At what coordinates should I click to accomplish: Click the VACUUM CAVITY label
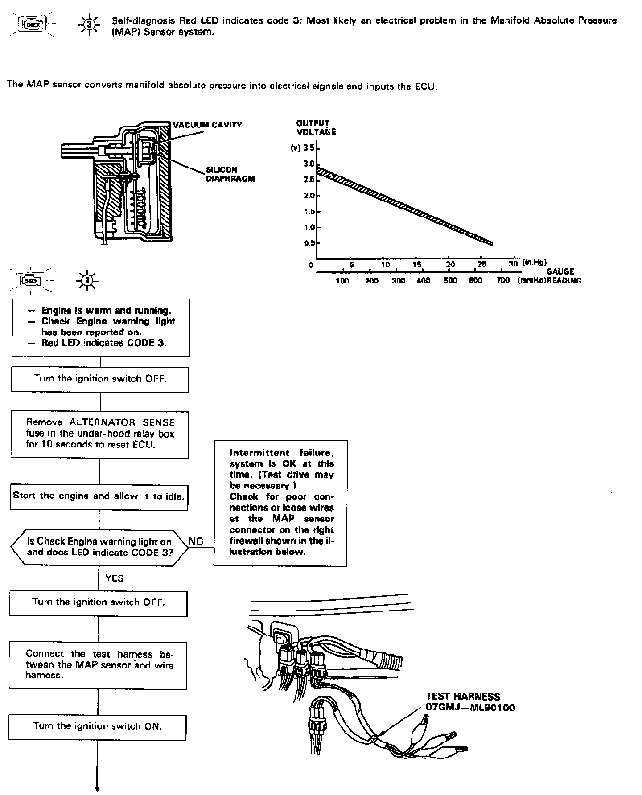pos(207,125)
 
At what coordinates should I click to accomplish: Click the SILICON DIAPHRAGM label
pos(230,174)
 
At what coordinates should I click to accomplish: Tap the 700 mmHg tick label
pos(502,281)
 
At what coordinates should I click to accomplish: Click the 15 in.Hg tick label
pos(416,265)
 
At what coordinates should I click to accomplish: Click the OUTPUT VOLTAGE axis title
pos(316,127)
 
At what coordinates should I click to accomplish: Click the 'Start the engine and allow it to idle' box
pos(99,496)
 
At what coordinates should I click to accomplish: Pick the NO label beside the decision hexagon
pos(196,541)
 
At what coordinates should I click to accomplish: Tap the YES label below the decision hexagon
pos(115,578)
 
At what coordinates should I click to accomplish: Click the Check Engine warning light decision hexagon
pos(99,547)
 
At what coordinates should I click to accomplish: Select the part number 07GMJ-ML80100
pos(470,708)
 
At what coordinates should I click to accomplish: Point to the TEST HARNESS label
pos(463,697)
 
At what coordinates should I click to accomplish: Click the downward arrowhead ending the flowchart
pos(97,789)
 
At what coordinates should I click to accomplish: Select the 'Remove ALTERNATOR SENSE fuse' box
pos(99,434)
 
